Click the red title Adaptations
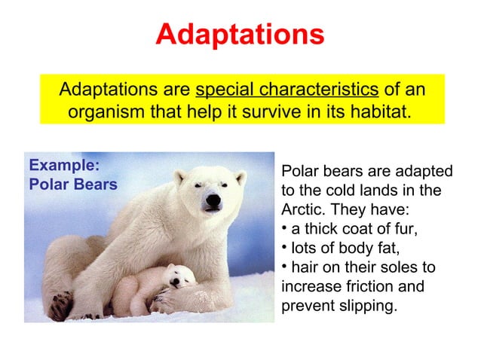240,34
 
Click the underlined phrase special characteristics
286,91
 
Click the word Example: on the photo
64,166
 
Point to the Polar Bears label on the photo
72,185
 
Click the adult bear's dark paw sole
60,305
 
